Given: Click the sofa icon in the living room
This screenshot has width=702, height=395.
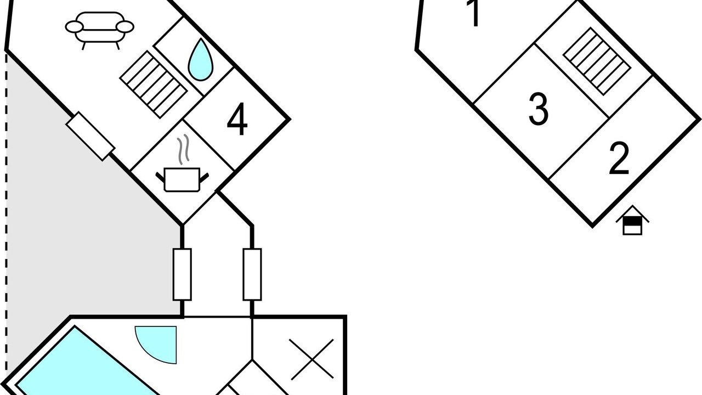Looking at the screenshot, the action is (x=100, y=30).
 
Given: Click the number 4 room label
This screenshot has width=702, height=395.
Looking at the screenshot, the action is (x=237, y=119).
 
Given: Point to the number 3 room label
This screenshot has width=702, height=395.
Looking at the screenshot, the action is (x=539, y=109).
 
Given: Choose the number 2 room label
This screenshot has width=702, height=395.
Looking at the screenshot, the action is (x=619, y=158).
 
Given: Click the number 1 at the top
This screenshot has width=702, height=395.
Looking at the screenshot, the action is (x=474, y=13).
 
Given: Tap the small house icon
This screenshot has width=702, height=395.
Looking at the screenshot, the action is (x=632, y=220).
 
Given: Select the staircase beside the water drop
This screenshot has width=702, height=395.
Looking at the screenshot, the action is (x=154, y=84).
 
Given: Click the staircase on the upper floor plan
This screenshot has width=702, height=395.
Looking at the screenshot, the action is (x=597, y=61).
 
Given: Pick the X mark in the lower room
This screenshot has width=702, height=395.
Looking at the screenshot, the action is (x=312, y=359).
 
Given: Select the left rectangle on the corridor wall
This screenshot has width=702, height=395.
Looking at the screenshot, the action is (x=182, y=275).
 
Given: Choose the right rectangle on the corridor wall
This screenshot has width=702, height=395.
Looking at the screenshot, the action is (x=252, y=275).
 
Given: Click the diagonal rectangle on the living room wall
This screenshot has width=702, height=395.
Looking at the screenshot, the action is (x=90, y=136).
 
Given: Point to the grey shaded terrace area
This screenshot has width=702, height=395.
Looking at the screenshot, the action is (x=78, y=219).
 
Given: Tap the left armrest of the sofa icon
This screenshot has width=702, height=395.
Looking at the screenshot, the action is (x=75, y=27).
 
